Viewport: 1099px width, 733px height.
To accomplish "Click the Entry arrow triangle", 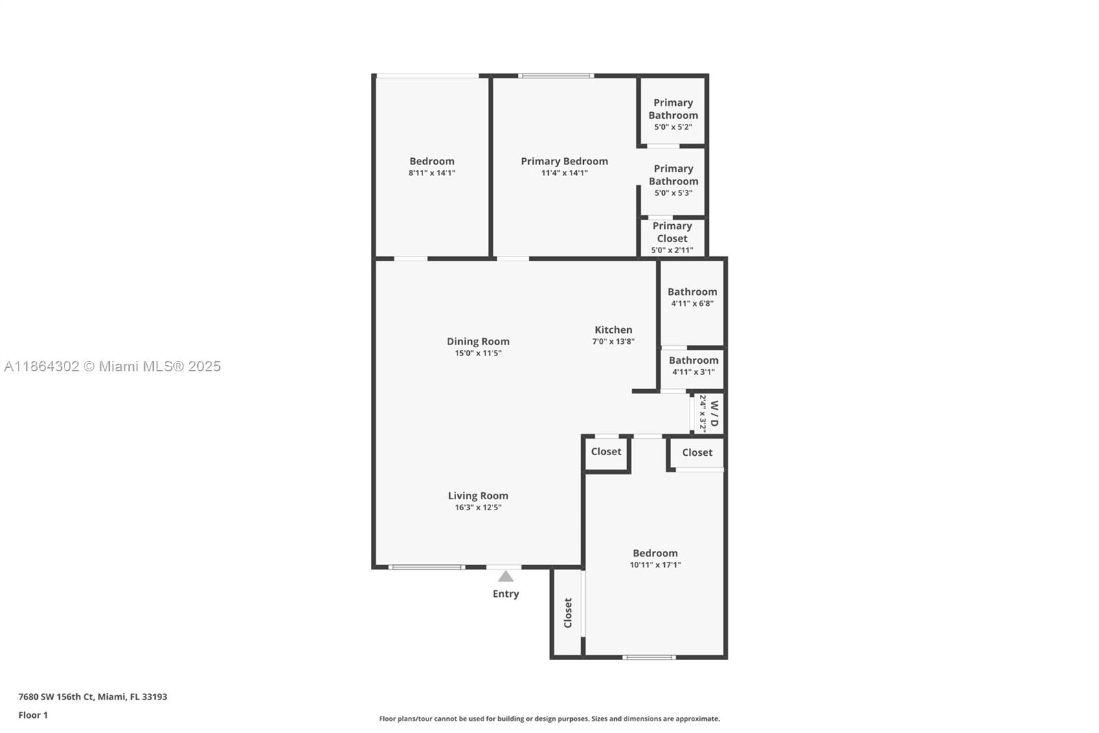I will [x=506, y=576].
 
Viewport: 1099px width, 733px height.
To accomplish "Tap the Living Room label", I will [x=478, y=496].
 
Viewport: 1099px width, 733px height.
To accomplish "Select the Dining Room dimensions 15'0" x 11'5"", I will [x=478, y=353].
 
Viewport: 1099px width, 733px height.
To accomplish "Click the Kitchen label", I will [x=613, y=330].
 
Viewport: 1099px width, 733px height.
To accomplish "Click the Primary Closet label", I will [x=672, y=232].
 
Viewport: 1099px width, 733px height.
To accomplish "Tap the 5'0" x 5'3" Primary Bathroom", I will [x=673, y=180].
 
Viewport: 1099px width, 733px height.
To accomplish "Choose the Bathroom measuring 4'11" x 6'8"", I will [x=692, y=296].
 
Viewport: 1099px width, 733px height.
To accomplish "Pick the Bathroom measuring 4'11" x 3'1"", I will [x=694, y=365].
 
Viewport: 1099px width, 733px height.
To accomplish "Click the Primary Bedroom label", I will [x=564, y=162].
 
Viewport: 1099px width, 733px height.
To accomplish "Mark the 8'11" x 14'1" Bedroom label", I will [x=432, y=162].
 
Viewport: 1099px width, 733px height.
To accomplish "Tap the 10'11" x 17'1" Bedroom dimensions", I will [x=655, y=565].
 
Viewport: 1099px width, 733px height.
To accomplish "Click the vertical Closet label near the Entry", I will [x=568, y=613].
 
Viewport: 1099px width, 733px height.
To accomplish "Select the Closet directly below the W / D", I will [x=697, y=452].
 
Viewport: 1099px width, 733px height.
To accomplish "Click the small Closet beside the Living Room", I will [x=606, y=452].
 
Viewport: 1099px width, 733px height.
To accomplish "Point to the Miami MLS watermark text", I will [x=113, y=366].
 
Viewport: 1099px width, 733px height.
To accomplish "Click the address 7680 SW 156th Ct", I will [x=93, y=697].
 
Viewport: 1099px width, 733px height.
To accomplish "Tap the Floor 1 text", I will [x=33, y=715].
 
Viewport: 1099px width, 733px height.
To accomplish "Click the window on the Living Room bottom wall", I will [x=427, y=567].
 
